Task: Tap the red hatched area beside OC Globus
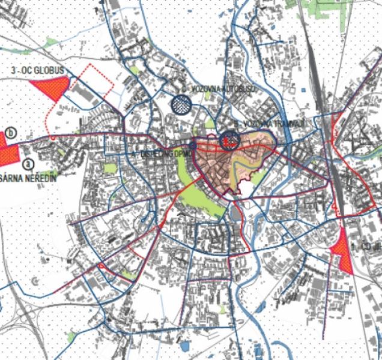coord(50,88)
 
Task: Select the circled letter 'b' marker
coord(10,132)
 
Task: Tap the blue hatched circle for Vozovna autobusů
coord(181,104)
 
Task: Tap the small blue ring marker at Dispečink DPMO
coord(193,145)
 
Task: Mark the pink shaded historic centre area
coord(225,165)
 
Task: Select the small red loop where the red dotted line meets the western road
coord(53,137)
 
